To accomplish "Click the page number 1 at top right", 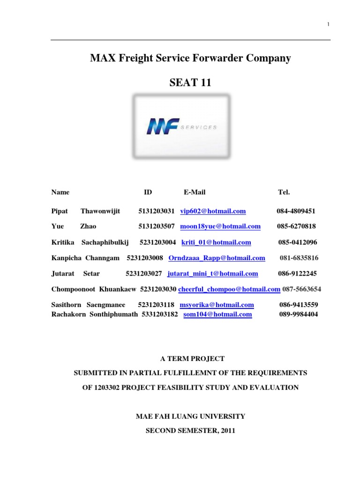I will [329, 24].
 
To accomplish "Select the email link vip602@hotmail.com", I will [213, 211].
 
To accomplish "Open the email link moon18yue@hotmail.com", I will [220, 226].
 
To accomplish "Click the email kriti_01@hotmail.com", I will [216, 242].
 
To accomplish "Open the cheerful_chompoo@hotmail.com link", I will [229, 289].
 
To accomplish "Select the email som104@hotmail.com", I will [217, 315].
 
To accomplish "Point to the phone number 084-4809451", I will [296, 211].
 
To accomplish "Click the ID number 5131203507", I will [157, 226].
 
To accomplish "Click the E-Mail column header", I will [195, 192].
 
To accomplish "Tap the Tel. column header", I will [284, 192].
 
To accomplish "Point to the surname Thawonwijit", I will [100, 211].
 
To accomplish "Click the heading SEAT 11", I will [190, 83].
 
